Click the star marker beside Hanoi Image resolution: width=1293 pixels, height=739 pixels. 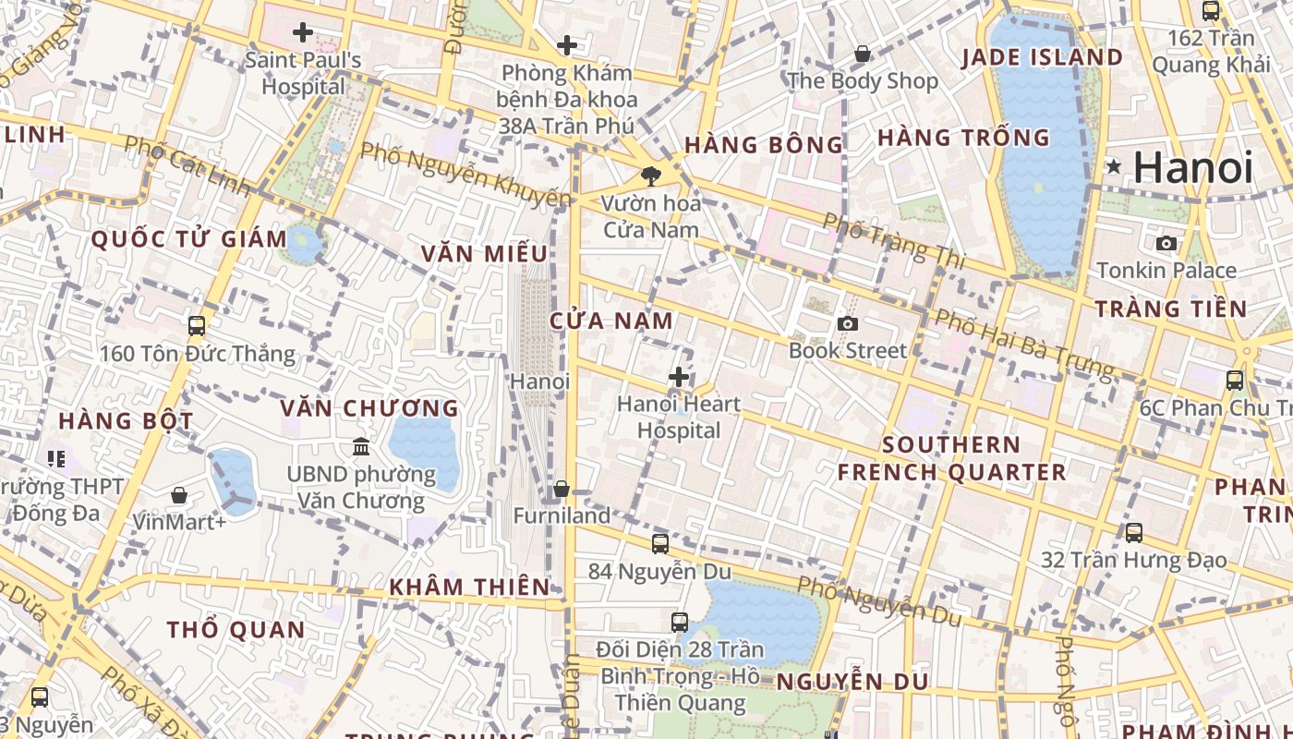point(1114,167)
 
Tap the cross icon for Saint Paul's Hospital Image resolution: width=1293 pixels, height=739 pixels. point(302,33)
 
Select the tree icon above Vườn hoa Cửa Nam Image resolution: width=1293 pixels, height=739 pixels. point(651,176)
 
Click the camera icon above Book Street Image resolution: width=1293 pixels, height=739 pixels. point(847,323)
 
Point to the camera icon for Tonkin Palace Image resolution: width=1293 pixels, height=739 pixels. point(1166,243)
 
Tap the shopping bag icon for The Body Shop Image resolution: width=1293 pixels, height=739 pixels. point(862,55)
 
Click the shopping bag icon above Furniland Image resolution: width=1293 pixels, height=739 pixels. point(562,489)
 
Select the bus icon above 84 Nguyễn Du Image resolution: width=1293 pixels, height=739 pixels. point(659,544)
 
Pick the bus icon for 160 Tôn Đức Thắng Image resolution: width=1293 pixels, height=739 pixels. point(196,326)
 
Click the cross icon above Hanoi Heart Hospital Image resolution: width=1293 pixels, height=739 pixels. point(679,377)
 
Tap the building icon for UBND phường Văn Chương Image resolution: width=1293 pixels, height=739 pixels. point(361,447)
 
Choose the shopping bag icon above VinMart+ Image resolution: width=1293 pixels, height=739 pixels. point(179,495)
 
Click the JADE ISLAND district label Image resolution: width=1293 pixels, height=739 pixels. point(1042,57)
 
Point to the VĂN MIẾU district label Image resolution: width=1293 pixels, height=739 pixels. point(484,253)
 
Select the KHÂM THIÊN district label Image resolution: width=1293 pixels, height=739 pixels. point(469,587)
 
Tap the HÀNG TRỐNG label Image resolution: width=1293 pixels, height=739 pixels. point(963,138)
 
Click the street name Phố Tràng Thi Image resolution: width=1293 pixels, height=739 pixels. point(893,241)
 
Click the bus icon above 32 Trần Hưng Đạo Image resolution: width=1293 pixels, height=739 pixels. point(1133,533)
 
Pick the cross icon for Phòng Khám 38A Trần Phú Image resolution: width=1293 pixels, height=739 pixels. point(567,45)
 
